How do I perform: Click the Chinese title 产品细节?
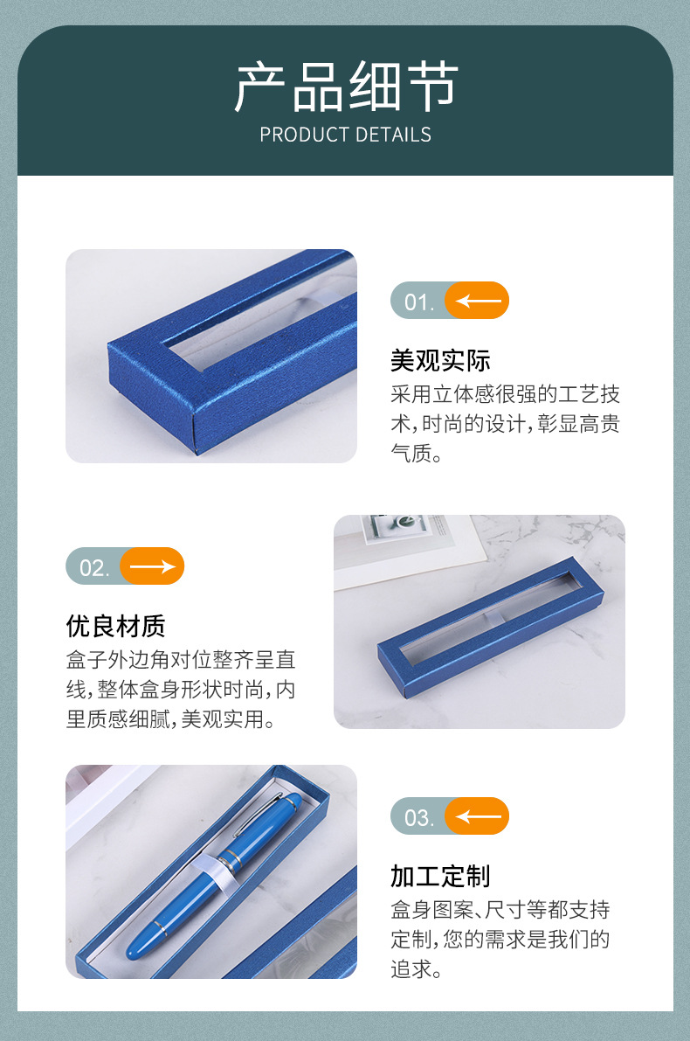tap(345, 87)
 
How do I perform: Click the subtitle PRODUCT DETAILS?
tap(345, 135)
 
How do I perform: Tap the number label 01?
tap(418, 302)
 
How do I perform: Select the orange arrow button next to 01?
tap(477, 301)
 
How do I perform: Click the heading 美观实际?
tap(440, 360)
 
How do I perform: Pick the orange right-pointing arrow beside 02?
tap(152, 566)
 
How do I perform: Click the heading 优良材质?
tap(115, 626)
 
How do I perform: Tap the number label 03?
tap(418, 818)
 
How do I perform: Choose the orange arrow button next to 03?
tap(477, 816)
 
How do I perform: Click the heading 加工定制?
tap(440, 876)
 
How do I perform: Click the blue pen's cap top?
tap(292, 802)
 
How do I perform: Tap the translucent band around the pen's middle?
tap(225, 861)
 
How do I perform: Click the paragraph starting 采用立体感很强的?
tap(505, 424)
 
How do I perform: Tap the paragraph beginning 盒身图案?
tap(500, 940)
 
